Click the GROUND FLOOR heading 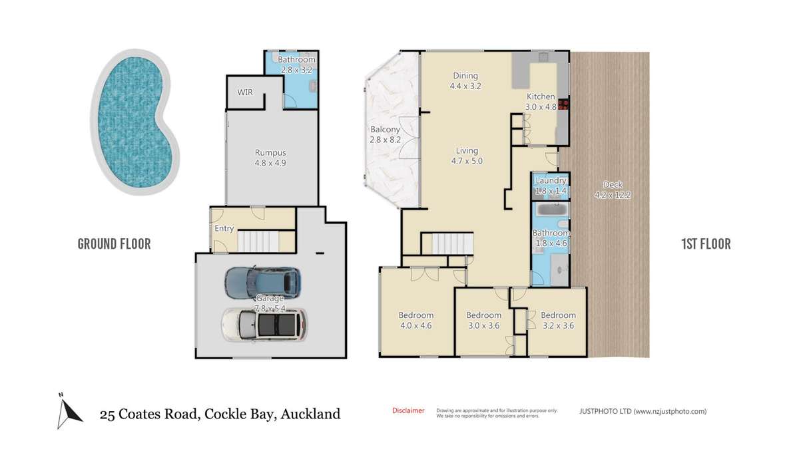(114, 244)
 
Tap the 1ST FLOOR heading (705, 244)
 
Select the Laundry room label (551, 180)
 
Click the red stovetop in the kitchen (563, 104)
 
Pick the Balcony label (385, 130)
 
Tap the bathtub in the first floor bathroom (551, 209)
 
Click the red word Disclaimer (408, 410)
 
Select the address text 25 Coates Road (148, 414)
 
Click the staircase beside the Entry (256, 240)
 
